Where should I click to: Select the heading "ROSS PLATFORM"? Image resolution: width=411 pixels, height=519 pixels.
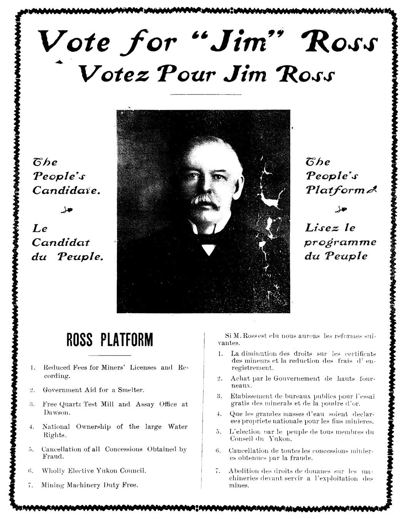pos(110,340)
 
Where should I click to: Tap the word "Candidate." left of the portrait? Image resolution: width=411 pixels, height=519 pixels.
pos(66,190)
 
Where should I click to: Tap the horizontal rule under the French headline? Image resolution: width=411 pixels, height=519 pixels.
pos(205,94)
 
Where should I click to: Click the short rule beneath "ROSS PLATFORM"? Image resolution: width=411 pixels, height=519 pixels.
pos(110,355)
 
